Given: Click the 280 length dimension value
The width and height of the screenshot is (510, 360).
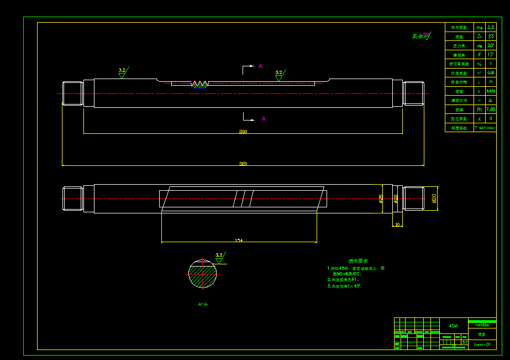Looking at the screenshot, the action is tap(243, 132).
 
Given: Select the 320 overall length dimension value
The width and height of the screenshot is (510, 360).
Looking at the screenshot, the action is tap(243, 164).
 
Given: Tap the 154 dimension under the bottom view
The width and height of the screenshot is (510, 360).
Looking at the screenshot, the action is tap(239, 240).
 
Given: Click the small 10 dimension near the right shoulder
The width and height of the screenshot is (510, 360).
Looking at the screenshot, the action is tap(397, 225).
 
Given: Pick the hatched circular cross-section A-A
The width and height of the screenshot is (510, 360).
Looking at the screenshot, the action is tap(203, 274).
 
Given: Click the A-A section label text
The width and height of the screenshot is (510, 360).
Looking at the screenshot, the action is tap(203, 304).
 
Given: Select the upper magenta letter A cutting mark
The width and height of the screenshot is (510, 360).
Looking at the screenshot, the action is tap(260, 66).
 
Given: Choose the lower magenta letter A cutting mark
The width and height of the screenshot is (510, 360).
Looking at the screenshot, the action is tap(264, 118).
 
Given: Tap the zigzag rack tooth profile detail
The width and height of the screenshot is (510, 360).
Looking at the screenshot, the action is tap(199, 84).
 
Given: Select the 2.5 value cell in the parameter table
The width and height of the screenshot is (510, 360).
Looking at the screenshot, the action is tap(491, 27).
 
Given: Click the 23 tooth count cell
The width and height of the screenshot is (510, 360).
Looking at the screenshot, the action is tap(491, 36).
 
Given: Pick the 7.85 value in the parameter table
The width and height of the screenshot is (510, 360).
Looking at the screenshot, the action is tap(491, 109).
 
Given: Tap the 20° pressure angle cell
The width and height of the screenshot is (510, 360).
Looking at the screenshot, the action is tap(491, 45).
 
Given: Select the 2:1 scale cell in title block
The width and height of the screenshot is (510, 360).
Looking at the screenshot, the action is tap(465, 343).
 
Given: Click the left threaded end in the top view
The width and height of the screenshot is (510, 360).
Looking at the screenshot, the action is tap(72, 93).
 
